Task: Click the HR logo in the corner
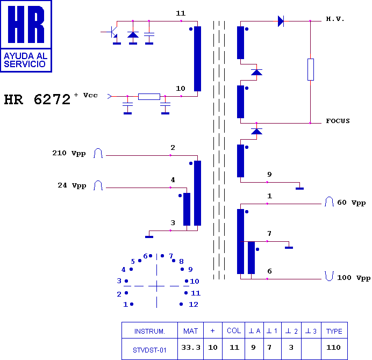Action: pyautogui.click(x=26, y=36)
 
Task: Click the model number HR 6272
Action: pyautogui.click(x=37, y=100)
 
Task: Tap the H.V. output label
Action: pyautogui.click(x=335, y=19)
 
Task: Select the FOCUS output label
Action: pyautogui.click(x=338, y=121)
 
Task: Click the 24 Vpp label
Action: pyautogui.click(x=72, y=185)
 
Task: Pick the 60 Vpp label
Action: pyautogui.click(x=351, y=203)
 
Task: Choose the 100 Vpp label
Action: pyautogui.click(x=354, y=278)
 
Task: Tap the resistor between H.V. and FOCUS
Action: pyautogui.click(x=311, y=69)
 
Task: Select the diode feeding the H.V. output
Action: pyautogui.click(x=281, y=21)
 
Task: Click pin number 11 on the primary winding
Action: pyautogui.click(x=181, y=13)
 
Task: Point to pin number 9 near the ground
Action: pyautogui.click(x=269, y=175)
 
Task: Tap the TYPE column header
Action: pyautogui.click(x=334, y=331)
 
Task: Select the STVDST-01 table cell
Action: pyautogui.click(x=149, y=349)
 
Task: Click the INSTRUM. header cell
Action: pyautogui.click(x=149, y=331)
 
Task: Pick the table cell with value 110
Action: pyautogui.click(x=334, y=347)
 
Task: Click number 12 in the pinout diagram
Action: pyautogui.click(x=194, y=304)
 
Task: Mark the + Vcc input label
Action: pyautogui.click(x=85, y=95)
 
